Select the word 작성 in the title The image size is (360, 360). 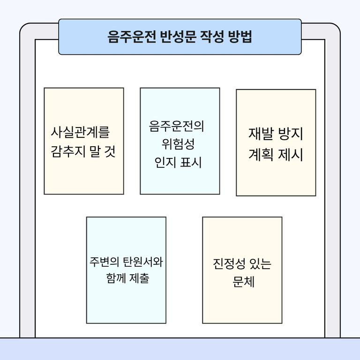(212, 37)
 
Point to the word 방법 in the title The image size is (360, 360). (240, 37)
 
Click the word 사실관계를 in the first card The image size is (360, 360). (80, 132)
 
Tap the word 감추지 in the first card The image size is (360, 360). (68, 151)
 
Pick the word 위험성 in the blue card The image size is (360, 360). (178, 144)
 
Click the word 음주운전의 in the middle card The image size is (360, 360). (176, 126)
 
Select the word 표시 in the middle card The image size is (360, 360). (191, 163)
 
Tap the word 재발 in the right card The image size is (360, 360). (261, 134)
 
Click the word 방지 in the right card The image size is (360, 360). (291, 134)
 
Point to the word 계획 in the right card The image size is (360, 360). (261, 154)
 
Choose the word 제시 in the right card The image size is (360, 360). (291, 154)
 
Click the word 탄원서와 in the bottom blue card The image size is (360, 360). (143, 262)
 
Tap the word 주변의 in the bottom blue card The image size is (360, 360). (105, 262)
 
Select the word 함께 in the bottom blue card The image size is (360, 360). (116, 278)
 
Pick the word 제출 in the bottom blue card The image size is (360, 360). (139, 278)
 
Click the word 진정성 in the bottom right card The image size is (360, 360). (229, 264)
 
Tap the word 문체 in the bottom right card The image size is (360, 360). (243, 282)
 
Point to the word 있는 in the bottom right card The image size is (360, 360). (260, 264)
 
